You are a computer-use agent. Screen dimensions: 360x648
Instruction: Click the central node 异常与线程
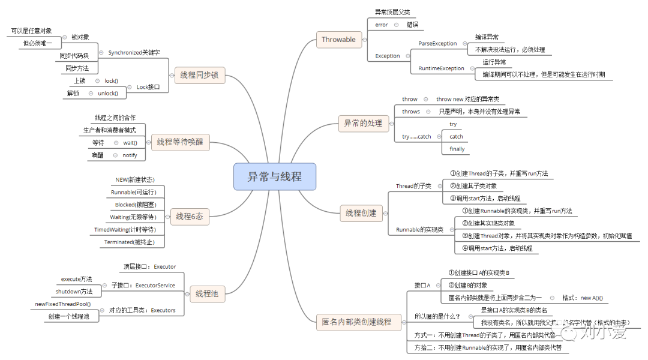(x=274, y=177)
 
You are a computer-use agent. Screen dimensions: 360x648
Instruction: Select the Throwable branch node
(x=338, y=40)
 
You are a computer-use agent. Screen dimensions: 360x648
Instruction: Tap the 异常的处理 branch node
(x=362, y=123)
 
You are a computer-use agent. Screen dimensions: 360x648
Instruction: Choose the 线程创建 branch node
(x=361, y=212)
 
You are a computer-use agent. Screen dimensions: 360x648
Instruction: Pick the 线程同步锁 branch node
(x=199, y=75)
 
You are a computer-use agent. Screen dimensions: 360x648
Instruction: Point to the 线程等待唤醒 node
(x=180, y=142)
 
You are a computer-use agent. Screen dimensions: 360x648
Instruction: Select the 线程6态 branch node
(x=190, y=216)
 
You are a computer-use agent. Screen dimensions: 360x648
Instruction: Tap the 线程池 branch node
(x=206, y=294)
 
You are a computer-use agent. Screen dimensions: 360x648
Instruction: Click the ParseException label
(x=437, y=43)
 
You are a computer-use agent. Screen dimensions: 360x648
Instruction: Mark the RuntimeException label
(x=441, y=68)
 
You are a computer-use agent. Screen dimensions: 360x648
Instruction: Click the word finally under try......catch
(x=457, y=149)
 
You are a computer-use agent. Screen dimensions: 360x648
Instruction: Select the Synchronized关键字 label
(x=134, y=52)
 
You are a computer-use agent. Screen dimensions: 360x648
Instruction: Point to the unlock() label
(x=108, y=93)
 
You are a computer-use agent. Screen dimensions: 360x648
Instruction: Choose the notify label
(x=130, y=155)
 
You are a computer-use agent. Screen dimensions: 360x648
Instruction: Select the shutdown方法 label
(x=74, y=291)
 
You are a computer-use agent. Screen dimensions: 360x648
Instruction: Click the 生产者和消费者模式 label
(x=109, y=130)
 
